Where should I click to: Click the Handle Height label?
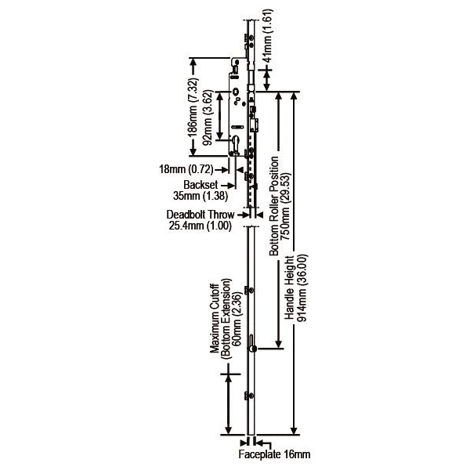[291, 290]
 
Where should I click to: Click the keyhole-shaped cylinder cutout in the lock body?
[237, 144]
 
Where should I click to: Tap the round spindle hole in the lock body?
[237, 95]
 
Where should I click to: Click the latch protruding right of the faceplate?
[256, 125]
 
